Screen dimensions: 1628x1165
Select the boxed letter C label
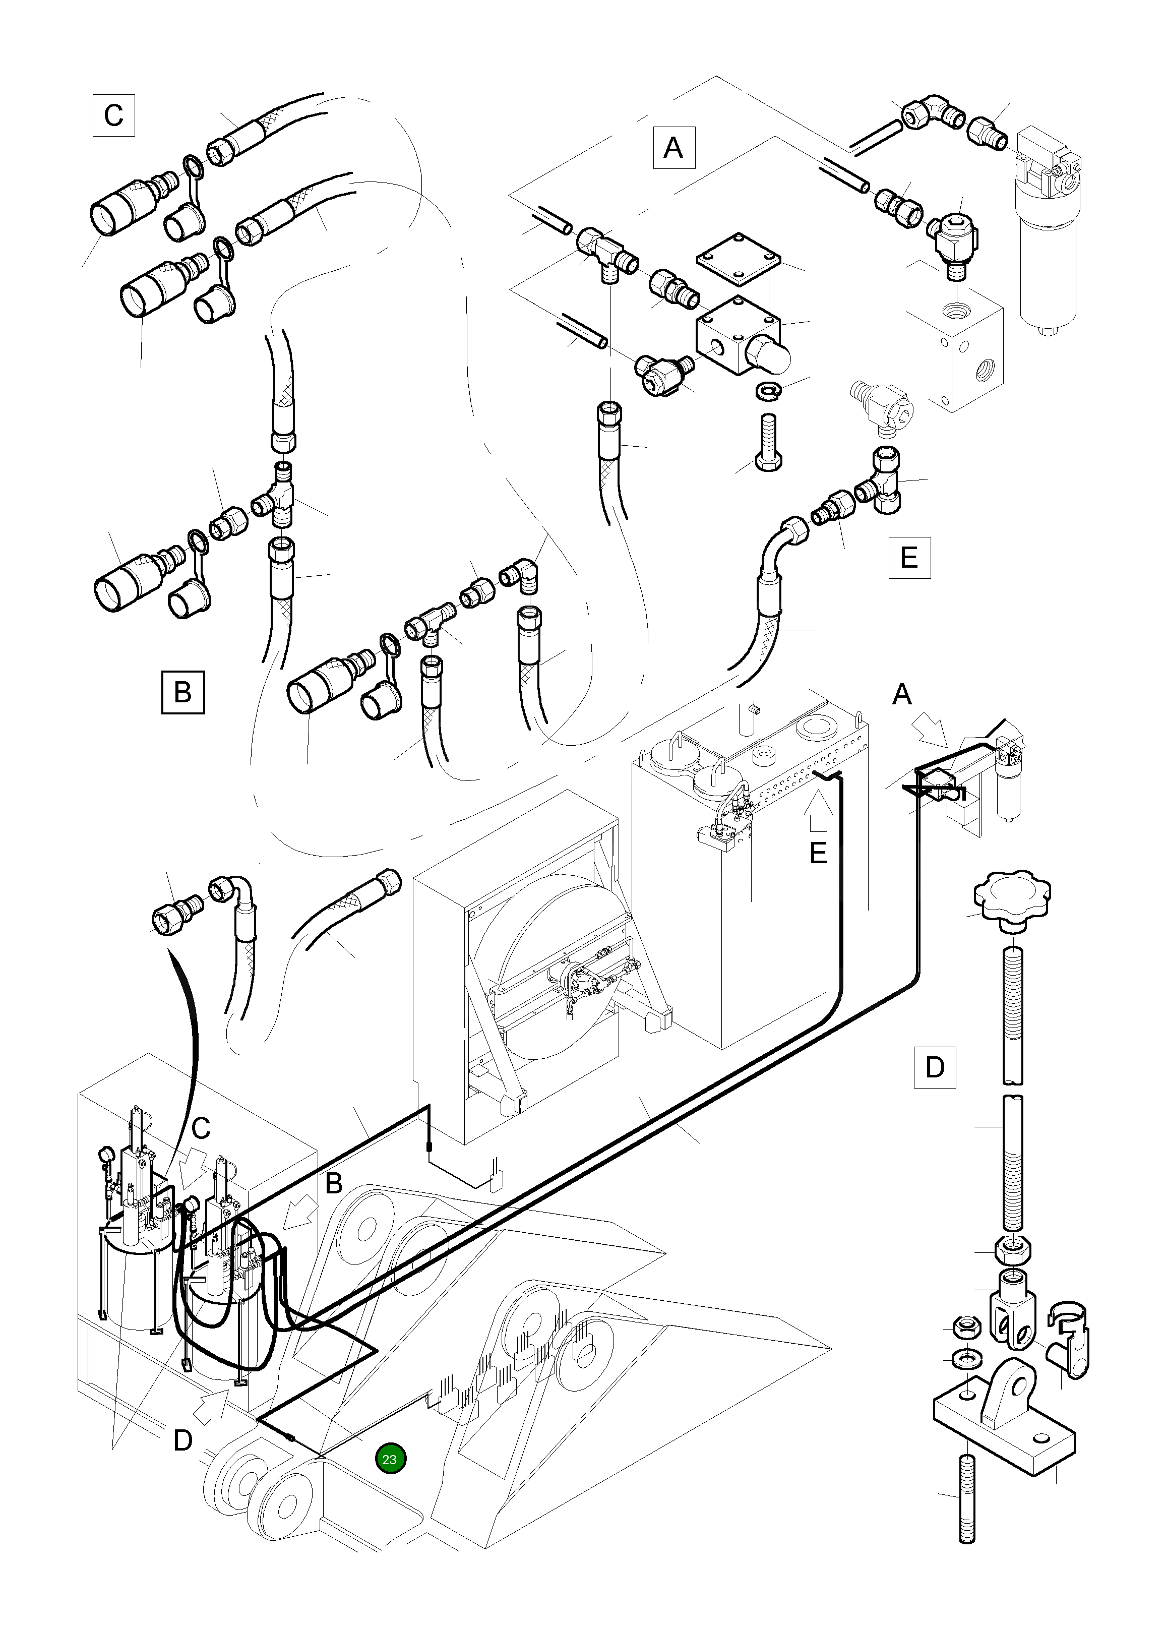coord(114,115)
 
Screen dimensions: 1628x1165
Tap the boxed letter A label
coord(673,148)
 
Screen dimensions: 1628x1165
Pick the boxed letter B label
coord(183,692)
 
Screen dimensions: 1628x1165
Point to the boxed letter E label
coord(909,557)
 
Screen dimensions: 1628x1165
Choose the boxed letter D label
coord(935,1067)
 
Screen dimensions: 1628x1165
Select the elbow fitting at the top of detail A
coord(932,111)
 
